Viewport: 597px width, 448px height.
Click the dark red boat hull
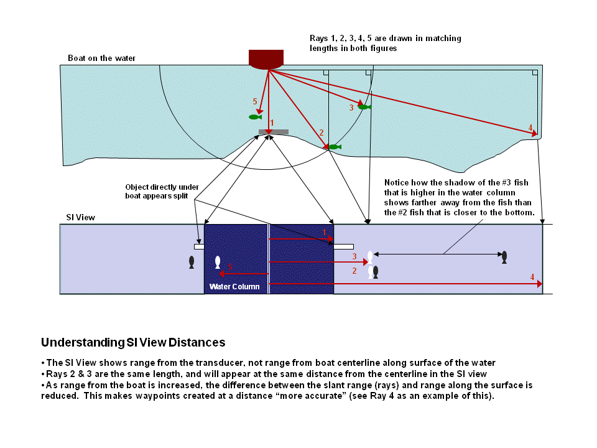(266, 58)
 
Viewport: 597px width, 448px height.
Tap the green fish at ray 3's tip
(364, 107)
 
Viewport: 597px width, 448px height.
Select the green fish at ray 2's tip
(335, 147)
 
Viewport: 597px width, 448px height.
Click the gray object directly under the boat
(273, 132)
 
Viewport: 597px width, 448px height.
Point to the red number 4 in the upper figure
(530, 128)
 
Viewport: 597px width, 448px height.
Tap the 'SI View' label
(80, 218)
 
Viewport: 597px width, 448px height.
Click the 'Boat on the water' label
(101, 58)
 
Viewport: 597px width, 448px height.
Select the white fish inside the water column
(217, 262)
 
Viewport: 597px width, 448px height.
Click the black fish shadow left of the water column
(192, 262)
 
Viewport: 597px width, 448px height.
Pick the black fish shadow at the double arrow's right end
(504, 256)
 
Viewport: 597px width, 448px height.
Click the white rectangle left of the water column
(199, 246)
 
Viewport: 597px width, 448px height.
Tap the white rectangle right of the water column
(344, 246)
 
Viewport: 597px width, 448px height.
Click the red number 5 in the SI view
(230, 266)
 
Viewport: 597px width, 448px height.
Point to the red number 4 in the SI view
(532, 276)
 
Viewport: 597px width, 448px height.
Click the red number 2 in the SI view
(354, 271)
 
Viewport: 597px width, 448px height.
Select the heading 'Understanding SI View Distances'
(133, 343)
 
